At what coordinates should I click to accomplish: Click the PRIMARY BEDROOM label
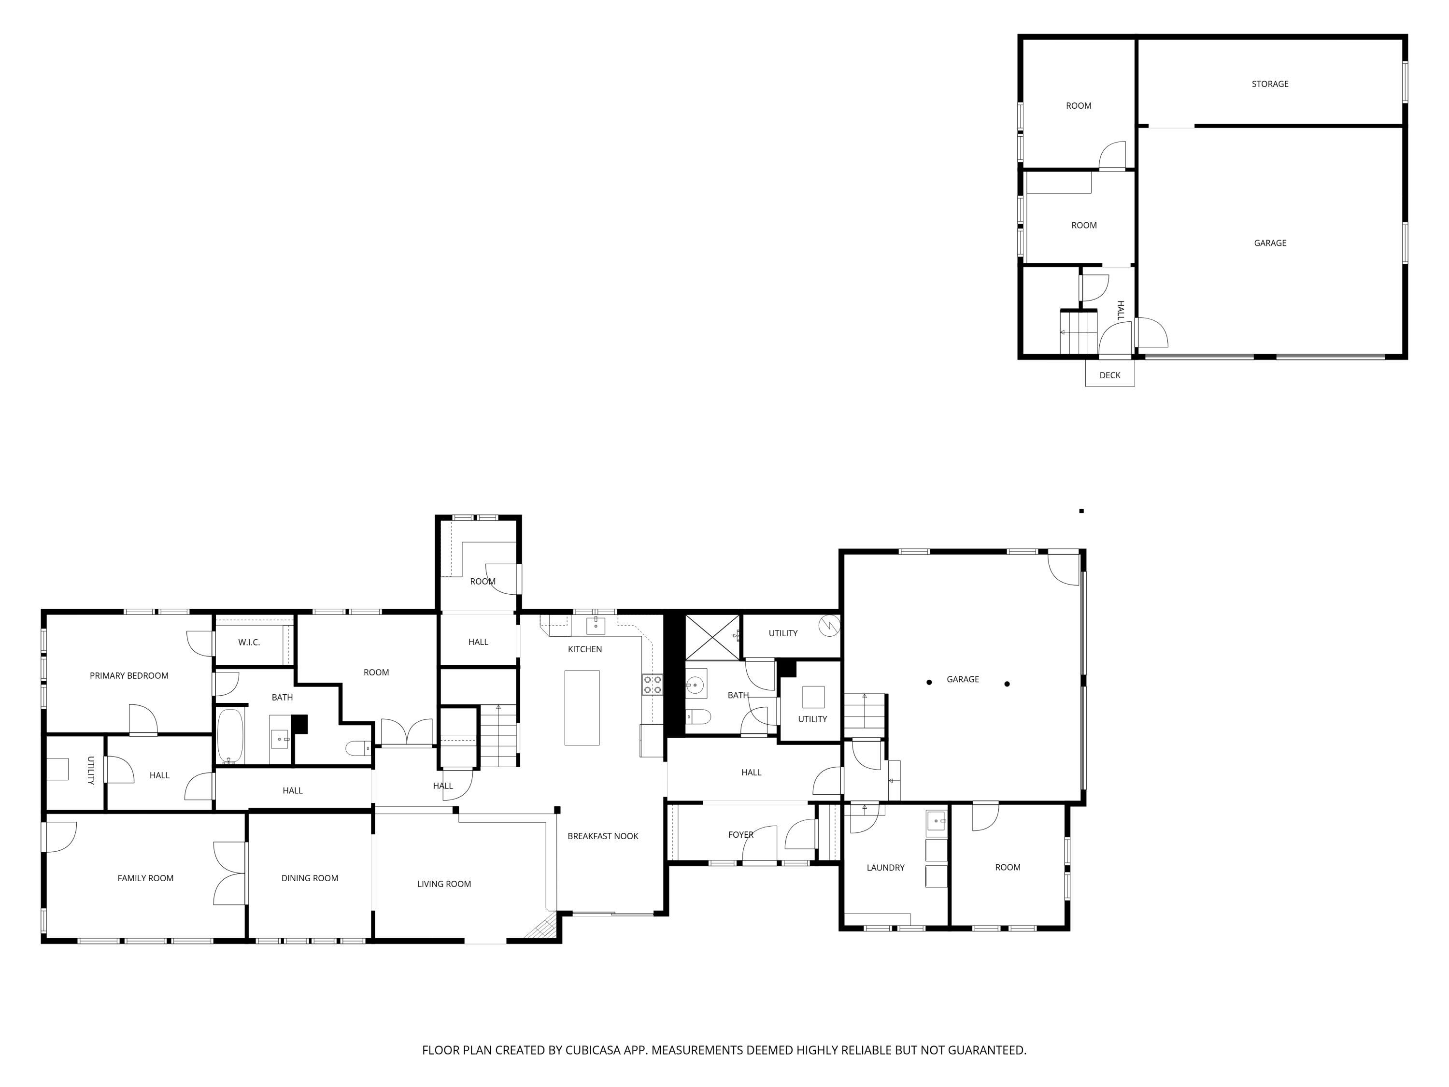pos(129,675)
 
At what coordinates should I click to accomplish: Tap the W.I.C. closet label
pos(249,642)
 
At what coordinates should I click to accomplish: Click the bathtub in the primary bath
pos(230,736)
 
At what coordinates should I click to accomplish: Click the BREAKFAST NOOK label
pos(603,836)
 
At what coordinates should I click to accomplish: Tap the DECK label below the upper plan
pos(1109,375)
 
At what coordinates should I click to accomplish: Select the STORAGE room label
pos(1269,84)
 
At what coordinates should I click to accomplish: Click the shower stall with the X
pos(712,637)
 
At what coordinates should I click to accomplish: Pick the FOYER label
pos(741,835)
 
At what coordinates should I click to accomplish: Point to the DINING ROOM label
pos(310,878)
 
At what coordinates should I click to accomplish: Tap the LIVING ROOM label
pos(444,884)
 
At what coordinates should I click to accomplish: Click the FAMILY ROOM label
pos(145,878)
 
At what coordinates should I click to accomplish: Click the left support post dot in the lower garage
pos(929,682)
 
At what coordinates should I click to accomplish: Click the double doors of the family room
pos(230,873)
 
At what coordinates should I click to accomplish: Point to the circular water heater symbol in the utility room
pos(829,626)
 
